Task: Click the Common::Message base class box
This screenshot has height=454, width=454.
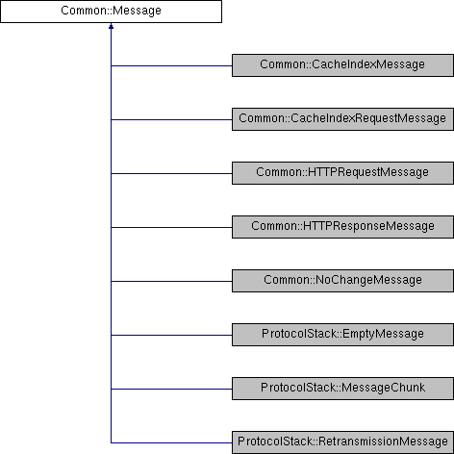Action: click(x=111, y=12)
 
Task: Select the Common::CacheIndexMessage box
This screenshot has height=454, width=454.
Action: click(x=342, y=65)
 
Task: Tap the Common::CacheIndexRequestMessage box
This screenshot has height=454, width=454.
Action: click(x=342, y=119)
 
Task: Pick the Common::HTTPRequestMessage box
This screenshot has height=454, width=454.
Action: click(x=342, y=173)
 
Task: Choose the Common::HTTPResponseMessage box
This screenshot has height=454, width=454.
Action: click(x=342, y=227)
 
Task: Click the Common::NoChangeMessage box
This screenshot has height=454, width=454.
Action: click(x=342, y=281)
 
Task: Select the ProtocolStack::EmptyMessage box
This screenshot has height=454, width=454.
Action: click(x=342, y=335)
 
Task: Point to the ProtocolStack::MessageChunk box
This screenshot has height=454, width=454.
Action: click(x=342, y=389)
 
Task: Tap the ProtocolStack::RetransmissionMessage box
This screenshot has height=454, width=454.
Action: click(x=342, y=442)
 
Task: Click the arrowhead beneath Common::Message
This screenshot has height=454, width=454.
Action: click(x=111, y=26)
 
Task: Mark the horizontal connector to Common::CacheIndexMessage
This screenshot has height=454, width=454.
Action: click(x=171, y=65)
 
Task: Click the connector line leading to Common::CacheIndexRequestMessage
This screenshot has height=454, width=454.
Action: click(x=171, y=119)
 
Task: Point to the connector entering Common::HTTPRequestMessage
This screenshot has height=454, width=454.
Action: click(x=171, y=173)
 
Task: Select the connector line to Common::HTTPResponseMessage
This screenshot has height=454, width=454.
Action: click(x=171, y=227)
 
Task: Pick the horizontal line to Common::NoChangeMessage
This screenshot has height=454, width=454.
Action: click(x=171, y=281)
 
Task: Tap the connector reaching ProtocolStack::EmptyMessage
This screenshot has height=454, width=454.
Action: click(x=171, y=335)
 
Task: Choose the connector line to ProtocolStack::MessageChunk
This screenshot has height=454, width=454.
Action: click(x=171, y=389)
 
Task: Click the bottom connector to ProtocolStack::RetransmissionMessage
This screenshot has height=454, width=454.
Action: click(x=171, y=442)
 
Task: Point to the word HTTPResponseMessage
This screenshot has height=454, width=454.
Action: click(x=368, y=226)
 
